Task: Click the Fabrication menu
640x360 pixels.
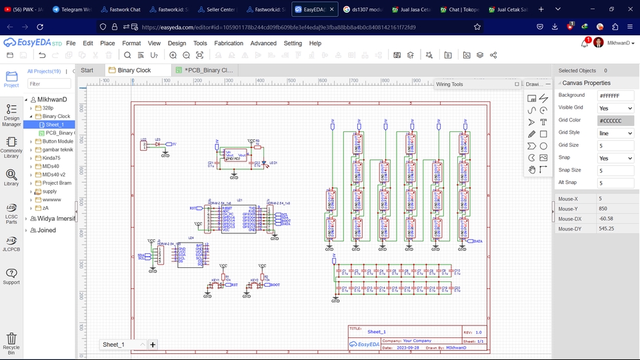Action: (x=229, y=43)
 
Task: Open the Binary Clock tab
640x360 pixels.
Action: (x=134, y=70)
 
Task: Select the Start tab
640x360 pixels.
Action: (x=87, y=70)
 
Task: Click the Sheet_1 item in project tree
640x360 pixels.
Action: (x=55, y=125)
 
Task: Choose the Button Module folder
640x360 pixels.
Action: (x=58, y=141)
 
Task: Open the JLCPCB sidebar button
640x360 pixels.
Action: (x=11, y=243)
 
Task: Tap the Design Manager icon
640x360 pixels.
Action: (x=11, y=114)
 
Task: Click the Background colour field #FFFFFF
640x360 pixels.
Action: (x=615, y=96)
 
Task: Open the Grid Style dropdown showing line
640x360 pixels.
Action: (x=615, y=133)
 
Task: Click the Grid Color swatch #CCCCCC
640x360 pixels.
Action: (x=615, y=121)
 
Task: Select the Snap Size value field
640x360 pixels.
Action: (x=615, y=170)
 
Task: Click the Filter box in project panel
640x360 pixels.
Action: (x=49, y=84)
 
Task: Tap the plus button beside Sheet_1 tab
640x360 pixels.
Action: (x=153, y=345)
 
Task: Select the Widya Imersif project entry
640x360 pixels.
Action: (x=55, y=219)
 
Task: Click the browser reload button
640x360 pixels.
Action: (x=40, y=27)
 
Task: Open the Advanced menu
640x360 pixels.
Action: (x=263, y=43)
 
